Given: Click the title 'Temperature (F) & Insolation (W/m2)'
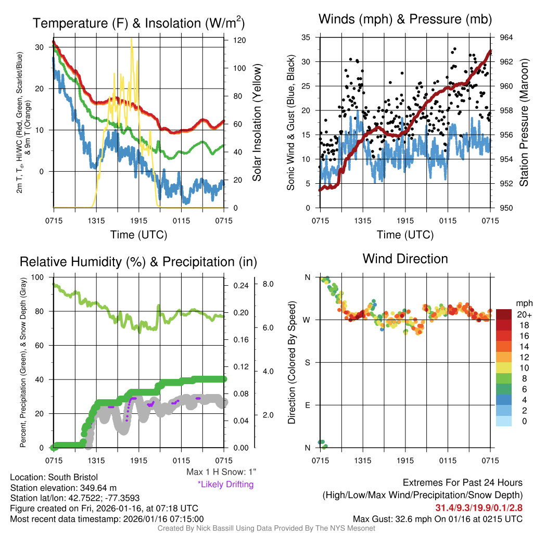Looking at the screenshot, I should click(x=138, y=23).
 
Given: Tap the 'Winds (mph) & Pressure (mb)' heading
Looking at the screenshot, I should click(x=405, y=19).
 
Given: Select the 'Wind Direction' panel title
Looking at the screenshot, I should click(x=405, y=258).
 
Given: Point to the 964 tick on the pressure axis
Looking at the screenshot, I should click(x=506, y=37).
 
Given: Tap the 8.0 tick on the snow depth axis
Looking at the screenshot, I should click(x=268, y=284).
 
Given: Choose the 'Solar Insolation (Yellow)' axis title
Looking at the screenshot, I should click(x=257, y=123).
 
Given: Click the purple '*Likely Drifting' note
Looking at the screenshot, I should click(x=225, y=484).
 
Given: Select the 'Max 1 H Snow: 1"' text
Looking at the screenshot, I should click(x=221, y=472).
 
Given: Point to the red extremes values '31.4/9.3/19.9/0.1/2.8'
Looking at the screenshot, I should click(x=478, y=507).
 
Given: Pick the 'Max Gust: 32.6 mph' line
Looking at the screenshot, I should click(x=437, y=518).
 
